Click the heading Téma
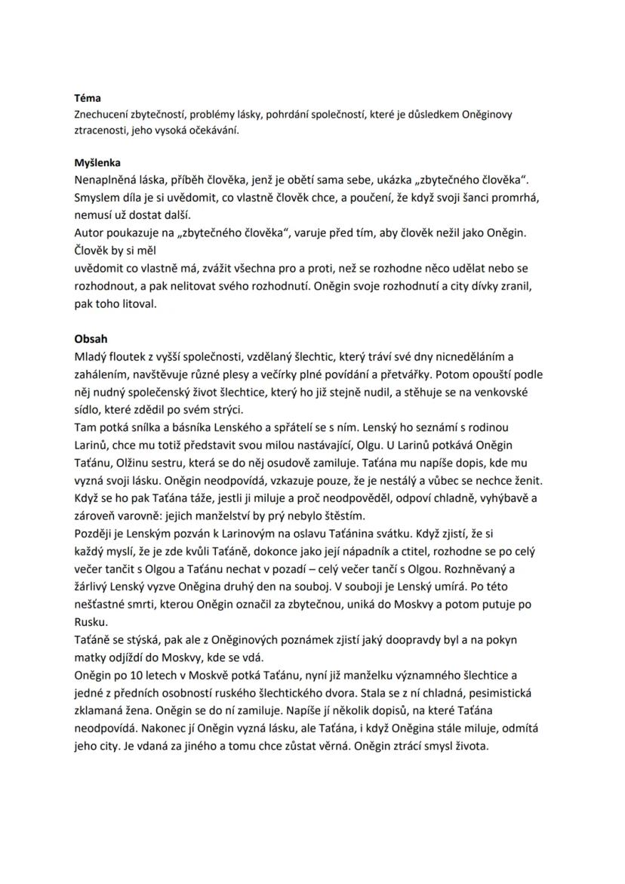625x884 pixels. pyautogui.click(x=88, y=98)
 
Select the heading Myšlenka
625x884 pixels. pyautogui.click(x=97, y=162)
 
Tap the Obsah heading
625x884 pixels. pyautogui.click(x=91, y=338)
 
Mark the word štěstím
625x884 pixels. pyautogui.click(x=343, y=517)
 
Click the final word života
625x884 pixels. pyautogui.click(x=472, y=747)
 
